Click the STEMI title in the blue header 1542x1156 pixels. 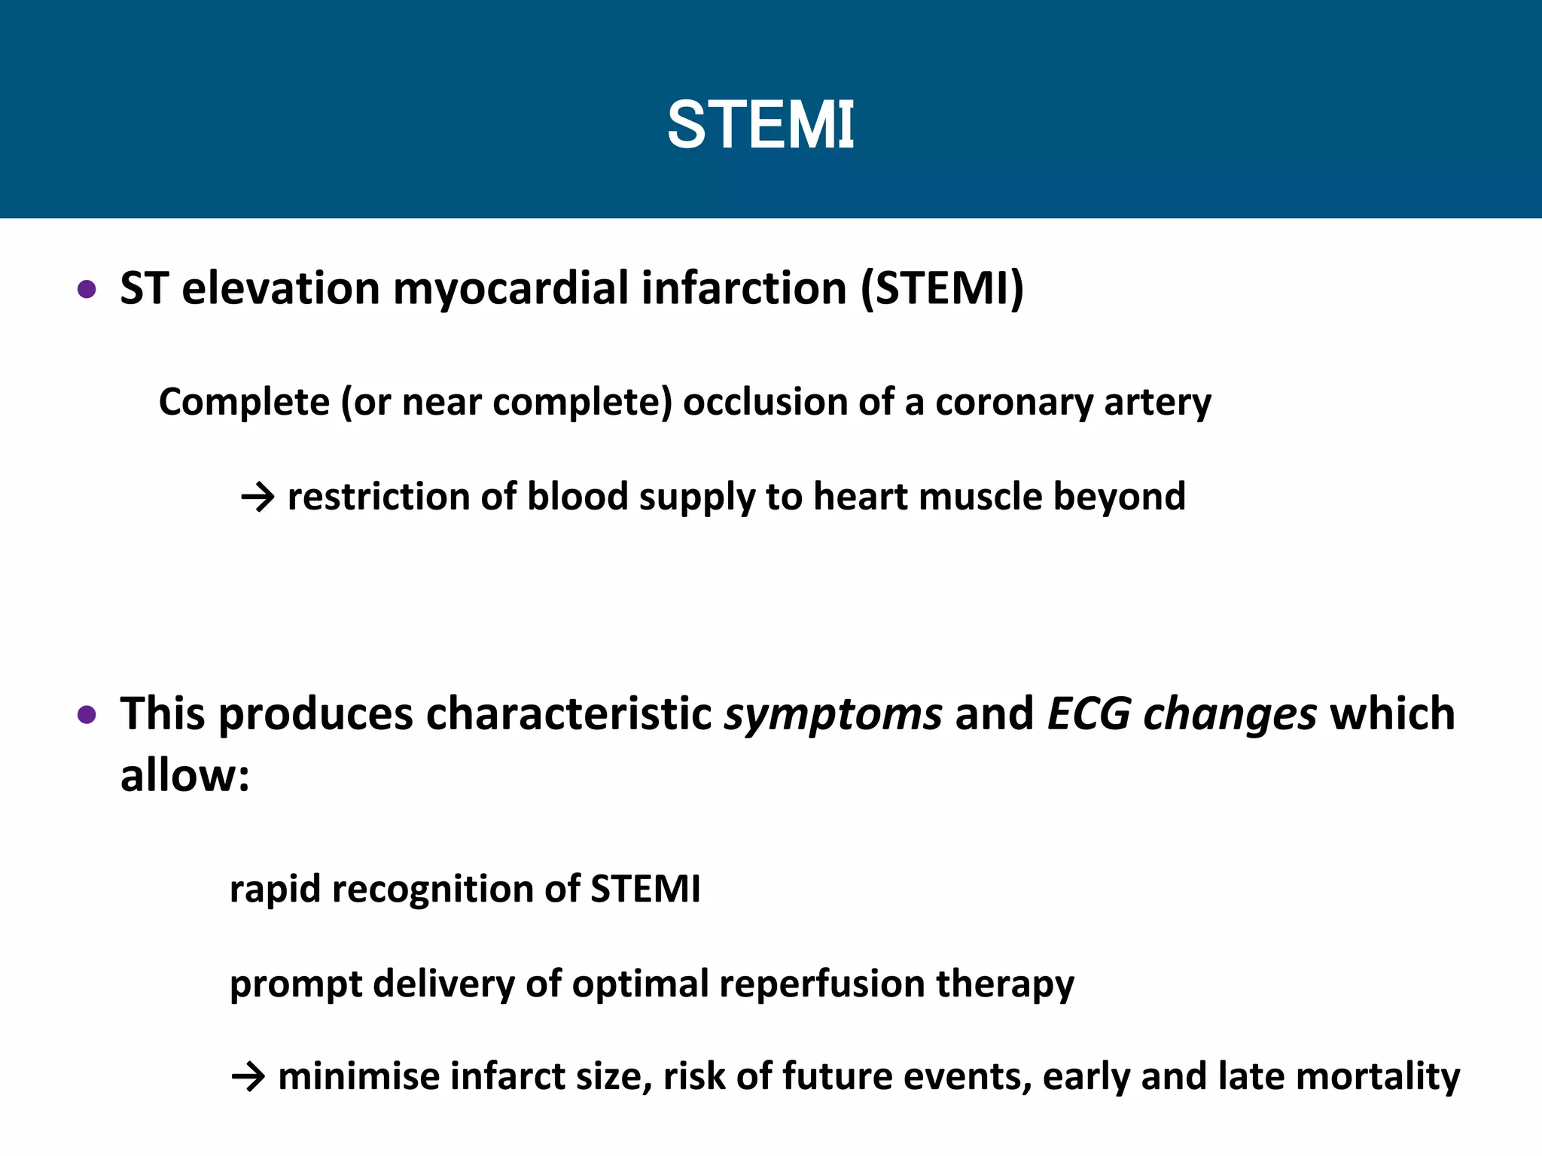coord(760,125)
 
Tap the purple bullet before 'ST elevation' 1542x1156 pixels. coord(87,289)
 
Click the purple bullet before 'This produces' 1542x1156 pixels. coord(87,714)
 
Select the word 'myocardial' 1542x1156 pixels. coord(510,289)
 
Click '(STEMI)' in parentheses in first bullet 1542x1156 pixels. coord(942,289)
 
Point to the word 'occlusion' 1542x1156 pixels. coord(765,402)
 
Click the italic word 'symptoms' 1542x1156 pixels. coord(833,715)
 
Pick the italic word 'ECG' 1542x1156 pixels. coord(1089,713)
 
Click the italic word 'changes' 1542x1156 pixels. coord(1230,715)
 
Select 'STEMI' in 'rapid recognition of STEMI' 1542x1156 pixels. coord(645,890)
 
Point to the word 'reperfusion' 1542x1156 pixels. coord(821,984)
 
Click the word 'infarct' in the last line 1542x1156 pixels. coord(507,1076)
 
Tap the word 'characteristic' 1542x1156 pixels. coord(568,714)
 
